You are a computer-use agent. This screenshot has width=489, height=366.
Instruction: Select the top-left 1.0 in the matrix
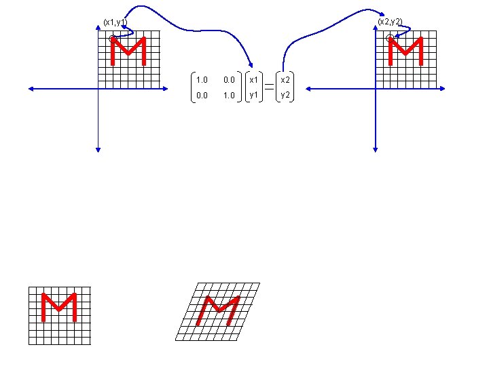click(x=201, y=80)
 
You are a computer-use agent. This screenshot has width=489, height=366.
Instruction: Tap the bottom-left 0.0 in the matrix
click(x=201, y=96)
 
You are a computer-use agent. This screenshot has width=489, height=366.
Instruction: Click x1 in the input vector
click(x=254, y=80)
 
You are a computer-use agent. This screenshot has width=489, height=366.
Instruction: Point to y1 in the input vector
click(x=254, y=96)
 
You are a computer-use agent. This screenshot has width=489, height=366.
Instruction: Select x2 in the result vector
click(x=286, y=80)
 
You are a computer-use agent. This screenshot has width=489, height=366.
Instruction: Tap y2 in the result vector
click(x=286, y=96)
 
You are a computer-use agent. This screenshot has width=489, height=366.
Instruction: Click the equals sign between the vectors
click(x=270, y=87)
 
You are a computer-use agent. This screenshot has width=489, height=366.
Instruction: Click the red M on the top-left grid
click(x=129, y=52)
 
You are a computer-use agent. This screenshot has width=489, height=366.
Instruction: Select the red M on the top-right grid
click(x=406, y=52)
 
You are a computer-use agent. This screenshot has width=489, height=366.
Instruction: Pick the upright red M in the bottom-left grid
click(x=58, y=307)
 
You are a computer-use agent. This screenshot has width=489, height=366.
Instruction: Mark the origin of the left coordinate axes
click(x=98, y=88)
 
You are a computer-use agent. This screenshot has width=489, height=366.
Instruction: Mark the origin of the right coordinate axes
click(x=376, y=88)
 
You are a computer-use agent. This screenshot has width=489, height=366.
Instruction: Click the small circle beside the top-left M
click(x=113, y=39)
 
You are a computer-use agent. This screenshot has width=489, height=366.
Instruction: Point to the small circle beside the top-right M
click(x=390, y=39)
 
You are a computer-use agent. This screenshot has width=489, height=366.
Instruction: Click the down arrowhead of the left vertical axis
click(x=98, y=148)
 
